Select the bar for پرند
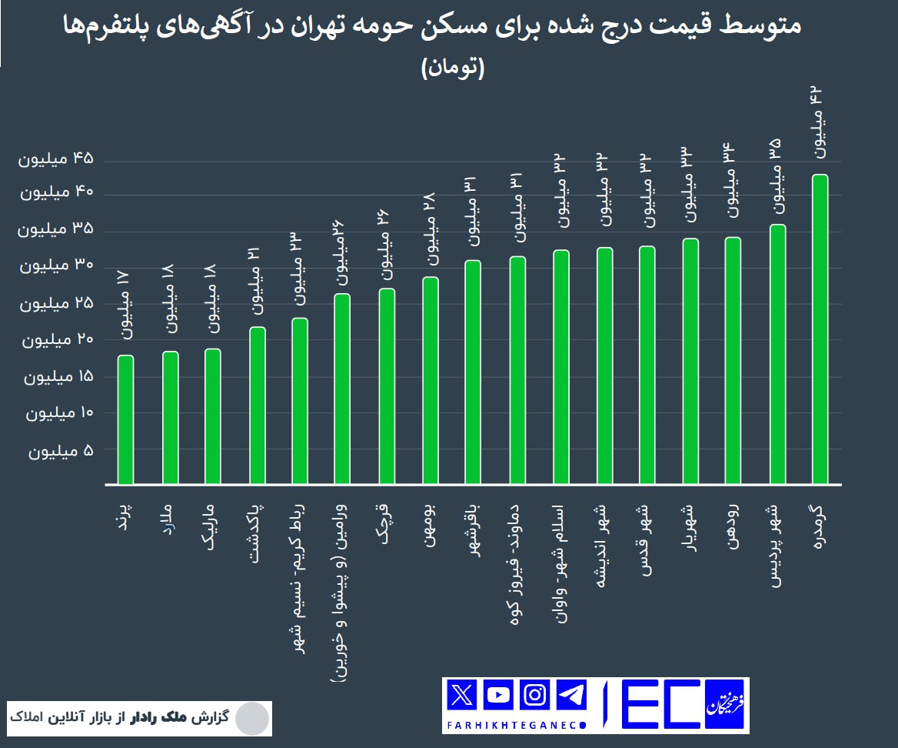[126, 419]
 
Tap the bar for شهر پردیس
[777, 354]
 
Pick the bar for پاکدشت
[258, 406]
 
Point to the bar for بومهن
[431, 380]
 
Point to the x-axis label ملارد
[170, 524]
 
